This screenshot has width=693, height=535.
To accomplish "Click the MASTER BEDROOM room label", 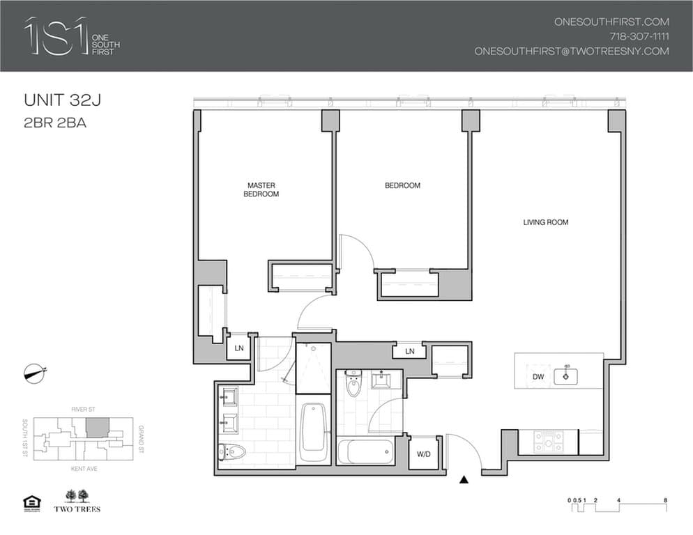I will tap(261, 189).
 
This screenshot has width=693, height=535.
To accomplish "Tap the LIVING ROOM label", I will tap(546, 223).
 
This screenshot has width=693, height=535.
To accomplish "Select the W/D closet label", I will tap(423, 454).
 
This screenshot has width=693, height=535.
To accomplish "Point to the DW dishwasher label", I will tap(538, 377).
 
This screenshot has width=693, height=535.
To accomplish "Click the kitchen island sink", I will tap(566, 376).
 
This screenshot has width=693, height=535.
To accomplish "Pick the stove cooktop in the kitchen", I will tap(548, 442).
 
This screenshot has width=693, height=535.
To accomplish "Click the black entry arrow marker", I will tap(464, 479).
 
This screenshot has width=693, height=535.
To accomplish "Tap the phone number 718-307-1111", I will tap(636, 36).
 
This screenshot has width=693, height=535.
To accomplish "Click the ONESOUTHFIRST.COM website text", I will tap(611, 22).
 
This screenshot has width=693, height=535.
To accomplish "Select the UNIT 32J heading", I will tap(63, 101).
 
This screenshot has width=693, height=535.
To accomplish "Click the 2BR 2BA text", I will tap(55, 123).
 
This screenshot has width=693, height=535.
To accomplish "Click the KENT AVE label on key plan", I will tap(84, 470).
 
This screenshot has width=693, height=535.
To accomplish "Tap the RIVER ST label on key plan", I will tap(84, 410).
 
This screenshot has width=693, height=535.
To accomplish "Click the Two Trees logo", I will tap(77, 501).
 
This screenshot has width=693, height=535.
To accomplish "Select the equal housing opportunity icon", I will tap(31, 502).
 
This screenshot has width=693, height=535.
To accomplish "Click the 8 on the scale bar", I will tap(667, 500).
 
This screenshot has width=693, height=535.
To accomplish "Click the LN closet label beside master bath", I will tap(239, 348).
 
